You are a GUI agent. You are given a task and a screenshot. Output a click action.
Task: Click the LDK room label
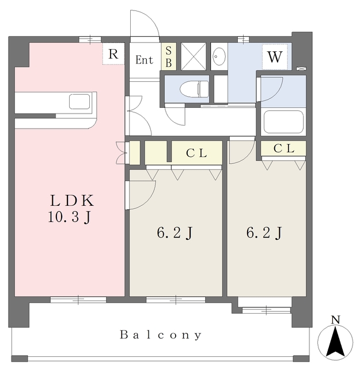coord(72,201)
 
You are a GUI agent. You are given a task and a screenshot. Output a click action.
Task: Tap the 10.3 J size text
coord(69,217)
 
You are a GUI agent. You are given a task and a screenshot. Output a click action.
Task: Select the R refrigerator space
coord(113,54)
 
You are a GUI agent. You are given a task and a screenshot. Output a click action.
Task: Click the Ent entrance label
coord(145,60)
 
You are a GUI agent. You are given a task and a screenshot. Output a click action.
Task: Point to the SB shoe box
coord(169,57)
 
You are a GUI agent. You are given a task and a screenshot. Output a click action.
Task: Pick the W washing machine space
coord(275,57)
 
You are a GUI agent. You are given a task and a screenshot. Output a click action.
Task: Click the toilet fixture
coord(194,89)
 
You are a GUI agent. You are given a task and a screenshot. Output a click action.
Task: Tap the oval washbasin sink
coord(219,57)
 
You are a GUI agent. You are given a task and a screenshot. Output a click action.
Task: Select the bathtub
coord(283,122)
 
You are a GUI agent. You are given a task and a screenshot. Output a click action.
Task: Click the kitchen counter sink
coord(79,101)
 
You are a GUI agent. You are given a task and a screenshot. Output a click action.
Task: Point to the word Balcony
coord(161,335)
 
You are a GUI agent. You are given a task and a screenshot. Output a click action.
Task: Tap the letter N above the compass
coord(336,320)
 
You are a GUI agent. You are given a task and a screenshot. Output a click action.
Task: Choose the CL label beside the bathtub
coord(284,148)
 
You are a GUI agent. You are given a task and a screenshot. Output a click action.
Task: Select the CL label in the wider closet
coord(196,153)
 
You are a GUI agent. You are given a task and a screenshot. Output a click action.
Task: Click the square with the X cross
coord(194,57)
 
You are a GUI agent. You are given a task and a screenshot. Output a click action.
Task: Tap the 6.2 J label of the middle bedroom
coord(175,233)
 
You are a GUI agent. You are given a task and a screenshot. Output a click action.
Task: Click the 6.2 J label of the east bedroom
coord(264,233)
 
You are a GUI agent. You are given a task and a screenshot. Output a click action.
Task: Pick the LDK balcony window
coord(78,300)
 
